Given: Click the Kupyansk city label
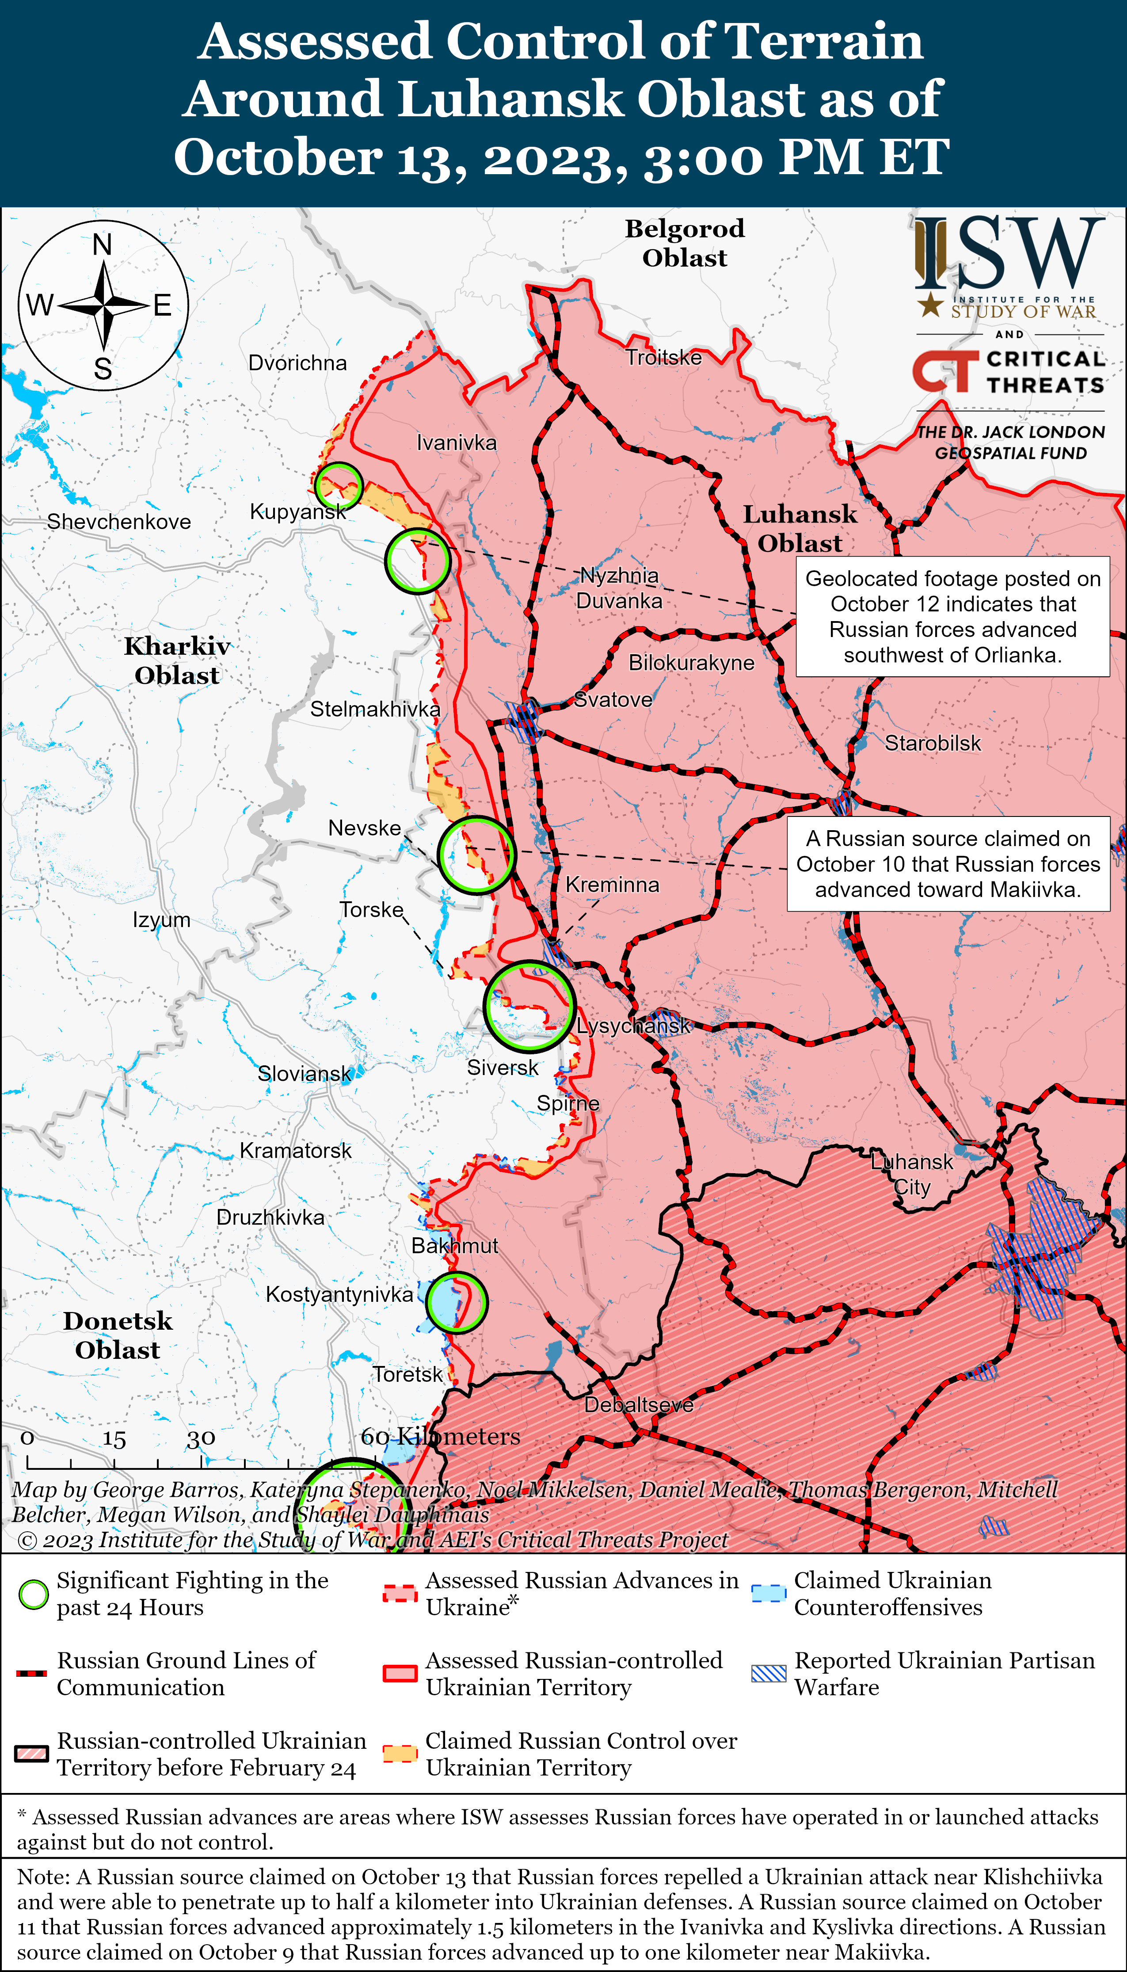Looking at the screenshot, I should [297, 511].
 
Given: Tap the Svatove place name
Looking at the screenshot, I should [612, 700].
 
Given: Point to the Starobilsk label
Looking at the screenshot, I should [932, 743].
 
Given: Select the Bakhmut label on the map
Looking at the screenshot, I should [454, 1245].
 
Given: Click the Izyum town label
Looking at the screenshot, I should [161, 919].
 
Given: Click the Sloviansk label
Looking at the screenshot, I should [304, 1073].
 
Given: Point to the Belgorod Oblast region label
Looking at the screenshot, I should [684, 243].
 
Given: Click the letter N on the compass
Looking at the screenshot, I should [102, 244].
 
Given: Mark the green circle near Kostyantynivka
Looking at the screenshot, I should [457, 1303].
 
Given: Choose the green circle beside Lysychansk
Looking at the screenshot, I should [529, 1006].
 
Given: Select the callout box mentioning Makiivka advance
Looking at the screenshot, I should [948, 864].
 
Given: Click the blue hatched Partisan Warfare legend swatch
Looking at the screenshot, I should [769, 1673].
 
